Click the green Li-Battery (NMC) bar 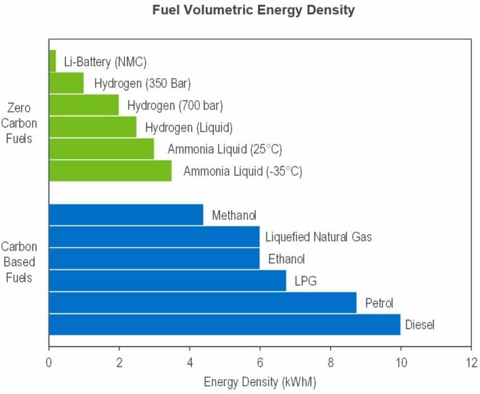[x=52, y=61]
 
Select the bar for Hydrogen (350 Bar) [x=66, y=83]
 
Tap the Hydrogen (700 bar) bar [x=84, y=105]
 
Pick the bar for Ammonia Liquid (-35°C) [x=111, y=170]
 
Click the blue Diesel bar [x=225, y=325]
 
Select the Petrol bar [x=203, y=303]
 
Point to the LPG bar [x=167, y=280]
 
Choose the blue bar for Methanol [x=126, y=215]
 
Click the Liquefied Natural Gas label [x=318, y=237]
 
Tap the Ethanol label [x=286, y=259]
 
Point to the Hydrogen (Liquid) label [x=189, y=127]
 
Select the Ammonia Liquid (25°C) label [x=225, y=149]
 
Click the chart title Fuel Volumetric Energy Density [x=254, y=10]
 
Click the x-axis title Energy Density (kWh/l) [x=260, y=382]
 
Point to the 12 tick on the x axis [x=471, y=363]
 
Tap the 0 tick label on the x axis [x=49, y=363]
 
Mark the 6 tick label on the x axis [x=260, y=363]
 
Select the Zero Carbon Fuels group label [x=19, y=123]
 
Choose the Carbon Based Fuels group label [x=19, y=262]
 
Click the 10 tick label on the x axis [x=401, y=363]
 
